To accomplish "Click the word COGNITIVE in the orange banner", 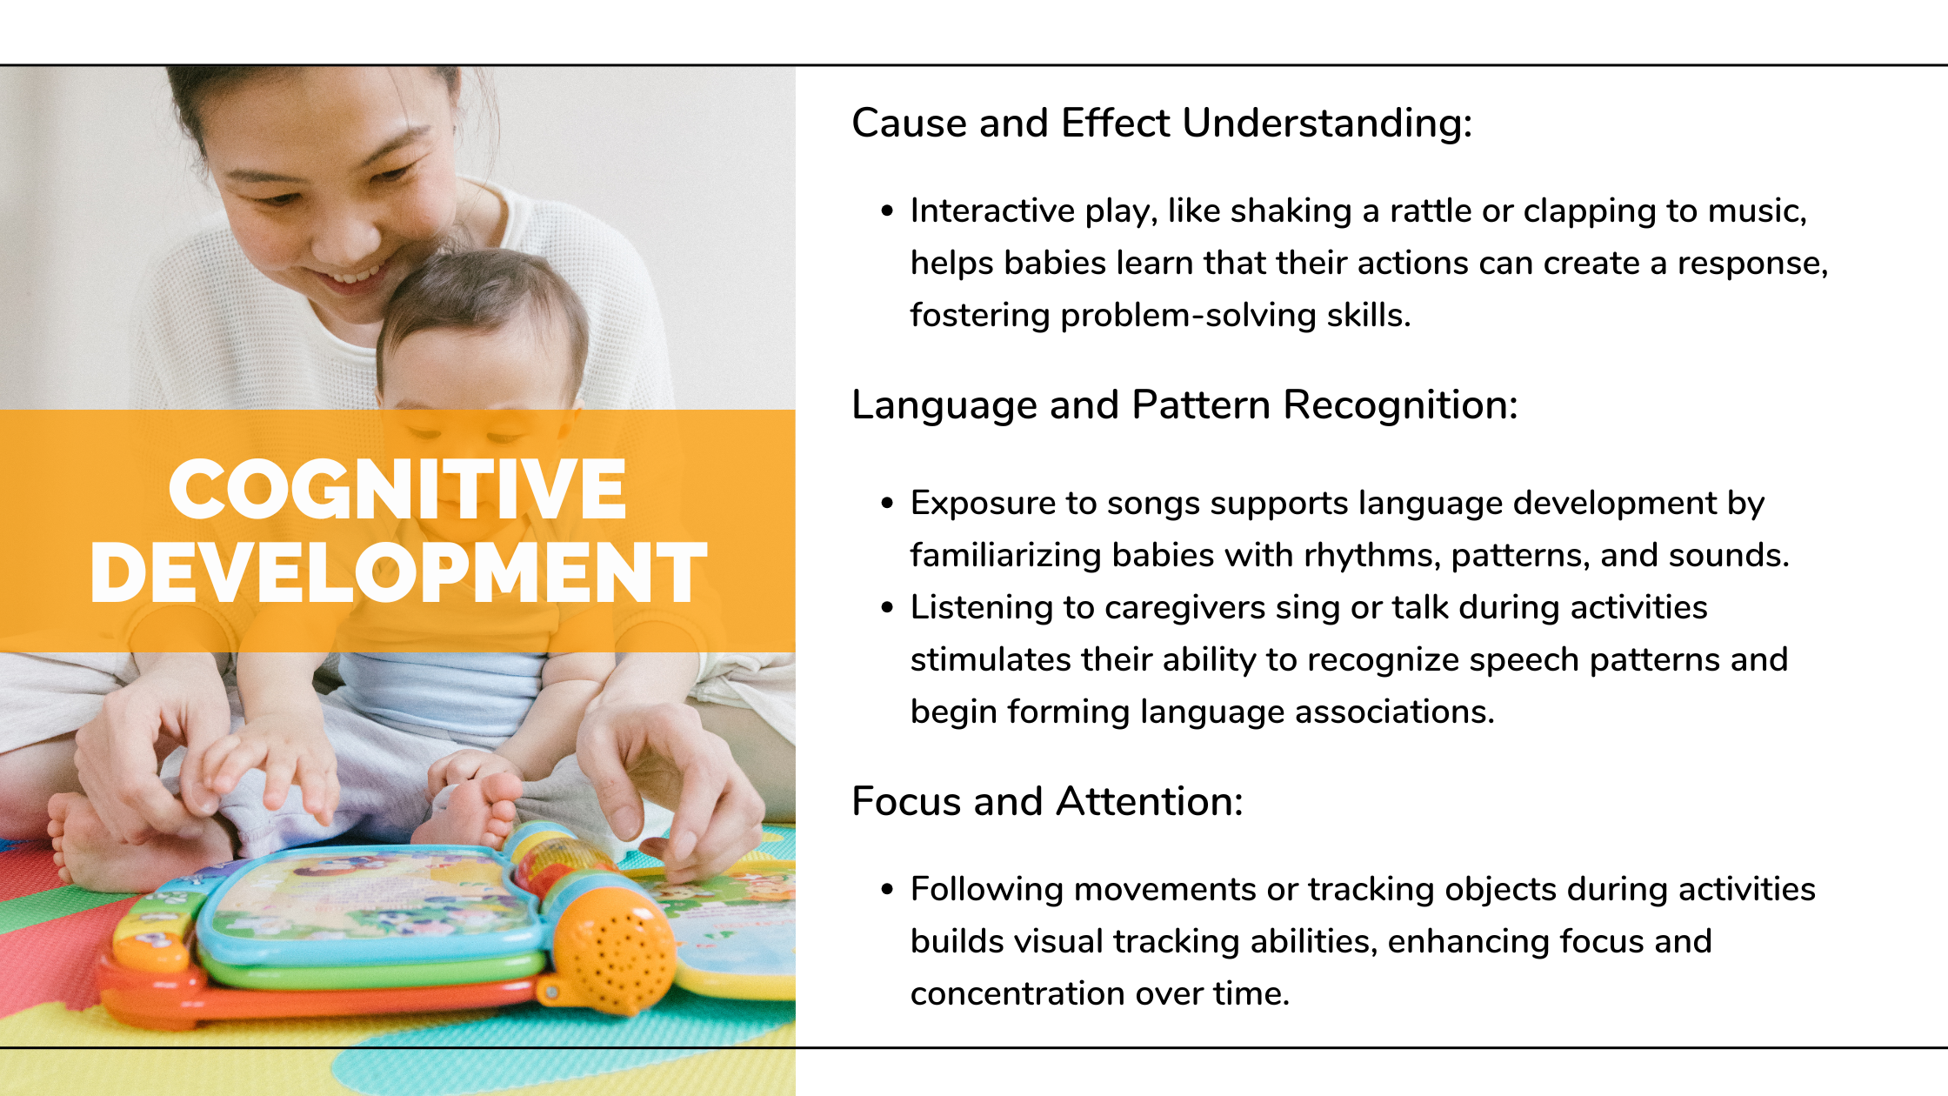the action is click(x=397, y=489).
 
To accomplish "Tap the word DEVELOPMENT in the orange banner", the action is click(x=398, y=571).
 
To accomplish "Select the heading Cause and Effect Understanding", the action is click(x=1162, y=123).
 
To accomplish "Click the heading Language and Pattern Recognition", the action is click(x=1184, y=405).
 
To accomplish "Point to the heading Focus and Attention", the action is click(x=1047, y=801).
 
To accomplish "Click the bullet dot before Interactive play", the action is click(x=887, y=211).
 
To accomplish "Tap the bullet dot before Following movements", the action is click(x=887, y=889).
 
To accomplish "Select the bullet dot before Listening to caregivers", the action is click(x=887, y=607).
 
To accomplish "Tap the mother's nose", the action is click(x=348, y=235).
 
